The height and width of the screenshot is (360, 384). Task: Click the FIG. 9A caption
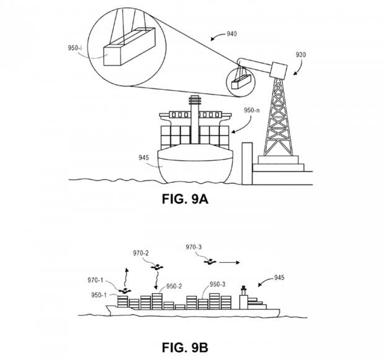point(185,199)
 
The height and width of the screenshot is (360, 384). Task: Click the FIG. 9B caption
point(185,347)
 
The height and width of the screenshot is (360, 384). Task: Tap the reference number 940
point(232,33)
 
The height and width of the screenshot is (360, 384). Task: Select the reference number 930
point(301,54)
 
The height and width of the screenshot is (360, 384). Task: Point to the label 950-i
point(75,48)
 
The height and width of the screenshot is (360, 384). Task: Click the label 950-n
point(251,110)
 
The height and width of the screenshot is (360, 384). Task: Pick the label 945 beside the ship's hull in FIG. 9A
point(144,158)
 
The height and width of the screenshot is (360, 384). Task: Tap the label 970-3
point(194,247)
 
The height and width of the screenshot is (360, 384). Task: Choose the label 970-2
point(141,253)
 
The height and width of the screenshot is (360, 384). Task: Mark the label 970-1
point(95,280)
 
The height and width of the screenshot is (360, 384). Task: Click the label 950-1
point(99,295)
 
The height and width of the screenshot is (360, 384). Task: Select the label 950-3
point(217,284)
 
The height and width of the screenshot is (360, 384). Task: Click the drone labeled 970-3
point(210,262)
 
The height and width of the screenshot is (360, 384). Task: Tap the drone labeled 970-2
point(157,267)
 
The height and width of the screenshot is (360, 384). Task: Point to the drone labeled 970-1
point(125,291)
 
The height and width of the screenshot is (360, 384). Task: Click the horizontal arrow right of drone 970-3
point(229,262)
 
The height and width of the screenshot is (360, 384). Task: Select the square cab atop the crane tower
point(279,70)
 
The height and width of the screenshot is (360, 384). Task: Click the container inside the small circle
point(241,81)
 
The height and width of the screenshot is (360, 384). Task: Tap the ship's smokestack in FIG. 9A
point(195,120)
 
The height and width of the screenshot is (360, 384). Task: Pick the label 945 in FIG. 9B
point(279,278)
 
